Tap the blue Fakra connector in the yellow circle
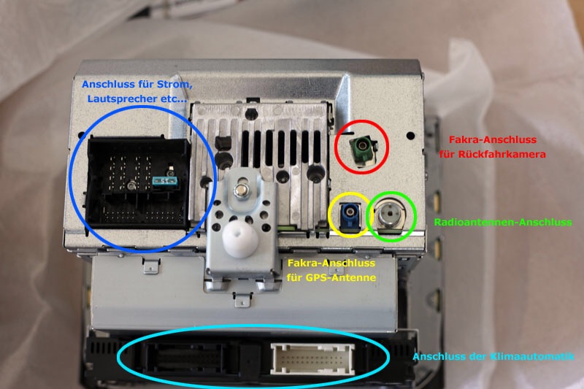point(350,215)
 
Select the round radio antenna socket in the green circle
point(389,214)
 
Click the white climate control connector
point(312,358)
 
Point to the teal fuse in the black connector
point(165,181)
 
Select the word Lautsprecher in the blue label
point(118,99)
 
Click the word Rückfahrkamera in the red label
point(502,154)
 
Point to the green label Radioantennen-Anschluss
point(503,222)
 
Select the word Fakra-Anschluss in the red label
point(492,140)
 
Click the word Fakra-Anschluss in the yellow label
point(331,263)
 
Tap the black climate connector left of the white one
point(183,358)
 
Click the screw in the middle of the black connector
point(131,185)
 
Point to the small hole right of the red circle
point(410,136)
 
